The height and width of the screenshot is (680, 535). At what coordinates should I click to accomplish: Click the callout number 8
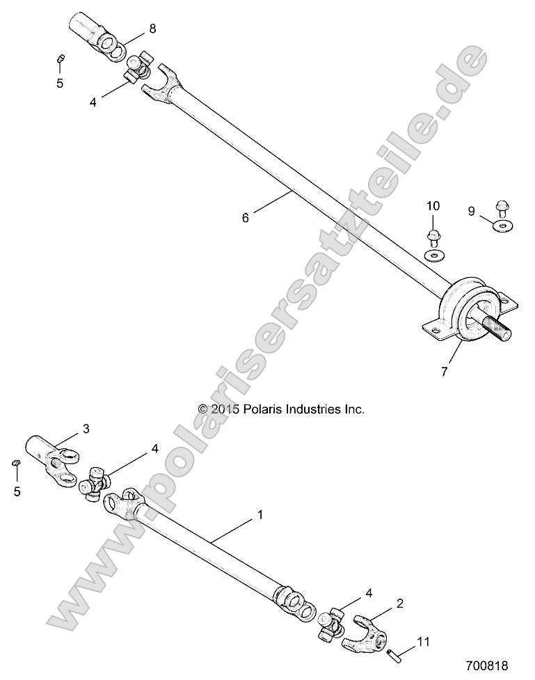tap(152, 29)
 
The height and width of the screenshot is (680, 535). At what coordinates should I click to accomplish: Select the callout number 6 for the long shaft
tap(245, 217)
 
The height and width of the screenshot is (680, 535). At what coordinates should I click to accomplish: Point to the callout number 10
tap(433, 205)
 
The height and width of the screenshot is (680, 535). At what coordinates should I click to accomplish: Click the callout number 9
tap(471, 210)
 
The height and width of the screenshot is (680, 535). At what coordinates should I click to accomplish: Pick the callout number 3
tap(86, 429)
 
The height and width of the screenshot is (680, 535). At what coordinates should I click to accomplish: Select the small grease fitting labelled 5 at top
tap(61, 60)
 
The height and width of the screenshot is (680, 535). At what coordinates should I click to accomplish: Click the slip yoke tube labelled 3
tap(42, 449)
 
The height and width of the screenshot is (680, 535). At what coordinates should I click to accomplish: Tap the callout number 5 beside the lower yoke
tap(18, 491)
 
